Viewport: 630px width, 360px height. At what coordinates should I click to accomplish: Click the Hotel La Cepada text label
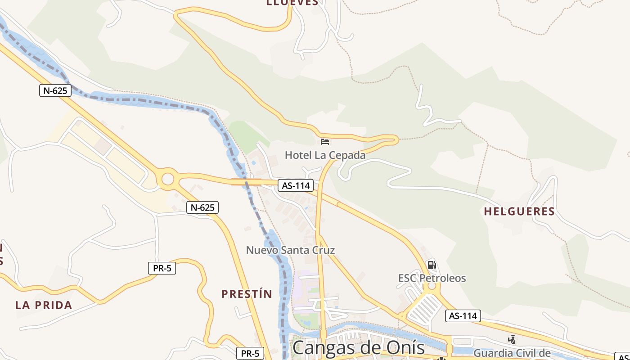coord(325,155)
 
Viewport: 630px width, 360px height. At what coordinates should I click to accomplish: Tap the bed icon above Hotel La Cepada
coord(325,142)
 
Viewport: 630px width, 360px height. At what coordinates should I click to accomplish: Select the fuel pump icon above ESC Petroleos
coord(432,265)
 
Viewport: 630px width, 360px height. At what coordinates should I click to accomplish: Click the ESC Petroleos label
coord(432,278)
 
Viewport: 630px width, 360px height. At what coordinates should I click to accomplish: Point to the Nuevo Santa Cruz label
coord(290,250)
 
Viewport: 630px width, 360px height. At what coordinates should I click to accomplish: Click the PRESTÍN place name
coord(247,294)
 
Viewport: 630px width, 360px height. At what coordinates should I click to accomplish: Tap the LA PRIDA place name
coord(44,305)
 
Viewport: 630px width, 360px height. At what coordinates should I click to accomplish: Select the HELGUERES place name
coord(519,211)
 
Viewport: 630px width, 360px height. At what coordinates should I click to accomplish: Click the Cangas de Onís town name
coord(359,348)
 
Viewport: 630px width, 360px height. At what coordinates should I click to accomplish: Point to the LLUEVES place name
coord(292,3)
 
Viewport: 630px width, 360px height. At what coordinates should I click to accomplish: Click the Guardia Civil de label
coord(512,353)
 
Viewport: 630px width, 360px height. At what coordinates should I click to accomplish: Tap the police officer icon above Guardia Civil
coord(512,340)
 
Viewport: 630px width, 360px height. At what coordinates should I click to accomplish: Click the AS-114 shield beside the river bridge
coord(295,185)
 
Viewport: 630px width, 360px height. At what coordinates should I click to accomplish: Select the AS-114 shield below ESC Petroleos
coord(463,316)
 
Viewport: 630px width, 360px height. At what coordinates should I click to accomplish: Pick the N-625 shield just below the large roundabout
coord(202,207)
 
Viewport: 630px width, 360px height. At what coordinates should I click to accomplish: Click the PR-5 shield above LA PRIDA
coord(162,268)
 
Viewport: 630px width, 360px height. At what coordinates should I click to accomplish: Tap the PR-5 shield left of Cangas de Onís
coord(250,353)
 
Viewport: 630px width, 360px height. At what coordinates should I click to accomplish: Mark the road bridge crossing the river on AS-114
coord(246,182)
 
